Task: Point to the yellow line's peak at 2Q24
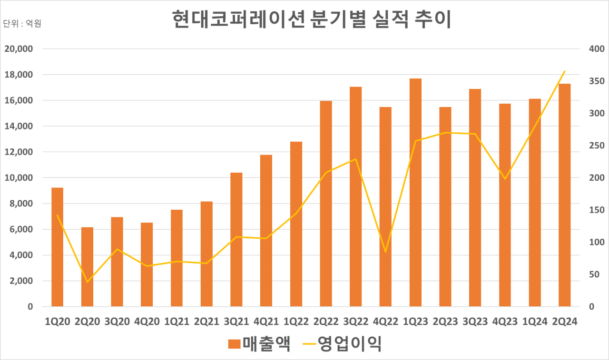[564, 71]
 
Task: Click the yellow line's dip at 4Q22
[385, 252]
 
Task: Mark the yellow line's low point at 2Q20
[87, 282]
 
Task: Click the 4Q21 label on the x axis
[266, 321]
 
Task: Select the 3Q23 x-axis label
[475, 321]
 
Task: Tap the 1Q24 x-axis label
[535, 321]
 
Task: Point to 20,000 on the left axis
[19, 49]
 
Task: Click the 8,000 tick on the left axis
[21, 204]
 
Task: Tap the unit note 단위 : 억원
[22, 23]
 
